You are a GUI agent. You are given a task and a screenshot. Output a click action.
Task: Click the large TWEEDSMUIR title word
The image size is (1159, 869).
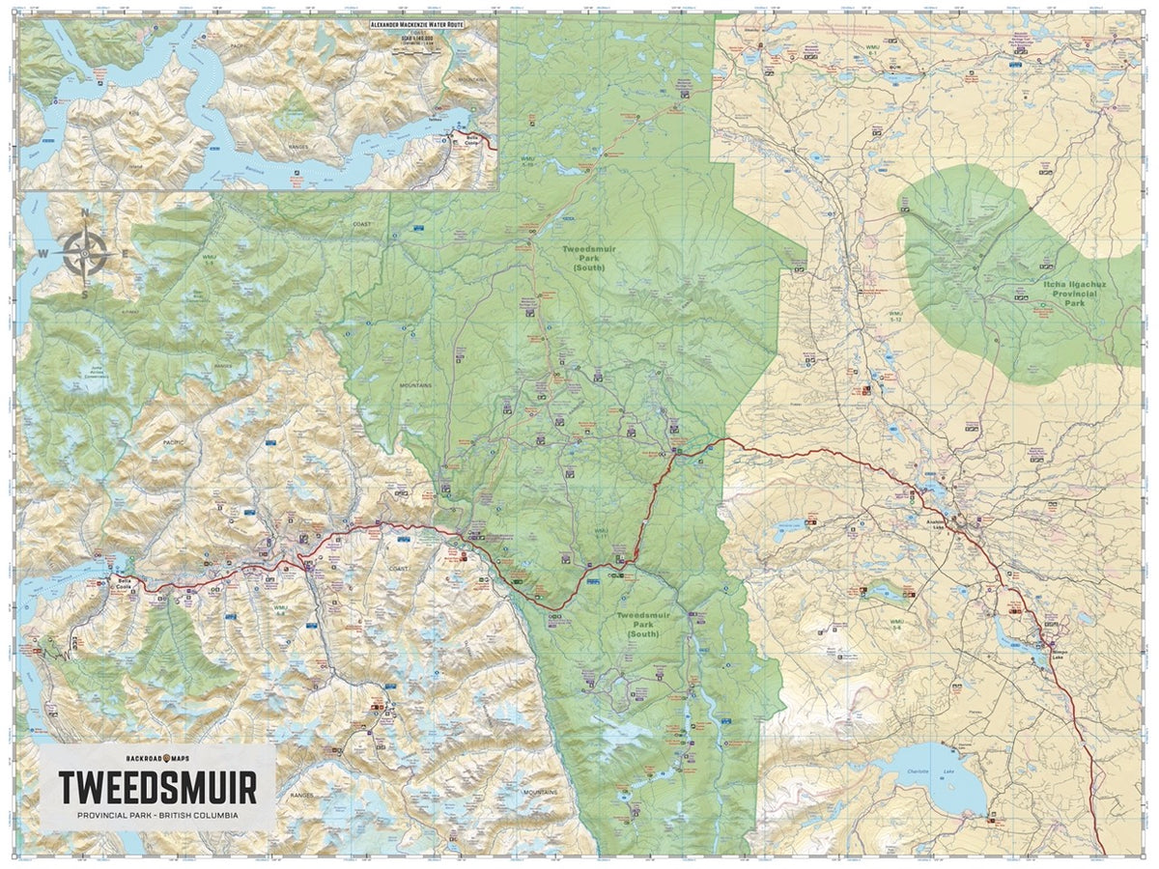point(157,787)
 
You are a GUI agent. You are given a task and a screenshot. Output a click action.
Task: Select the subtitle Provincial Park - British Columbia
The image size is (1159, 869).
point(157,817)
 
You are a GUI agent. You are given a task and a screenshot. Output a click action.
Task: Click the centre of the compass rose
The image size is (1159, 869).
point(84,253)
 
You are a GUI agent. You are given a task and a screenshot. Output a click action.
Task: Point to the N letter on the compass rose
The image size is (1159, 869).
point(84,214)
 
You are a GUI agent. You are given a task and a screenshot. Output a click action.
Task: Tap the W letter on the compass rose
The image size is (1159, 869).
point(42,254)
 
